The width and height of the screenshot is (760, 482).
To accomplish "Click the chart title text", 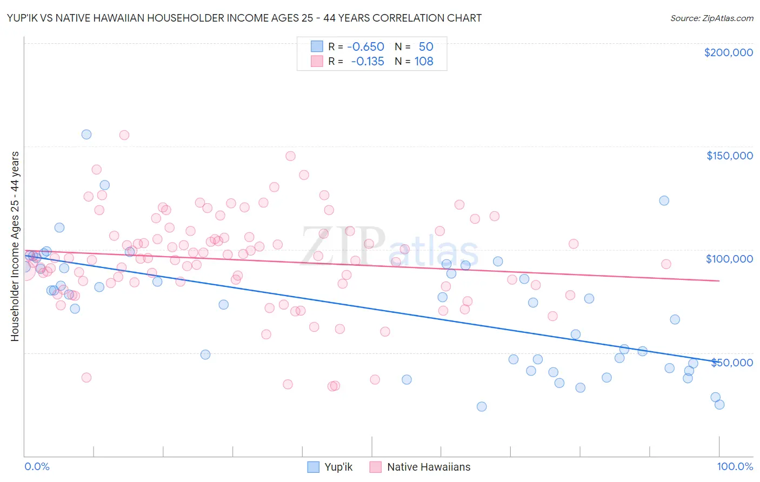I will pyautogui.click(x=244, y=18).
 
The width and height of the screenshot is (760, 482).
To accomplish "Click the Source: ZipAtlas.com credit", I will pyautogui.click(x=711, y=18).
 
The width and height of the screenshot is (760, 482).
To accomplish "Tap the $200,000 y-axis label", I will pyautogui.click(x=728, y=52).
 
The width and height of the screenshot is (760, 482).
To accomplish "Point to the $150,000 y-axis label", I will pyautogui.click(x=729, y=156).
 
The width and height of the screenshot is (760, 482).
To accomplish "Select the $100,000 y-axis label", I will pyautogui.click(x=729, y=259).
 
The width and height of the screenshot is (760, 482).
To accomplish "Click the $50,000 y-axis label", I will pyautogui.click(x=731, y=362).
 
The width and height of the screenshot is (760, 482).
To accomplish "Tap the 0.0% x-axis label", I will pyautogui.click(x=37, y=466).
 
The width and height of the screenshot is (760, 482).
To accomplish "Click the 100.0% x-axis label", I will pyautogui.click(x=735, y=466).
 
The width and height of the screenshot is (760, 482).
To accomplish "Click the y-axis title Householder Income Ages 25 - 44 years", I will pyautogui.click(x=15, y=246).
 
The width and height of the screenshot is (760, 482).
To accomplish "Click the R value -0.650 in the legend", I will pyautogui.click(x=365, y=47).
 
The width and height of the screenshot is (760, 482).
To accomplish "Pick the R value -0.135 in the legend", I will pyautogui.click(x=367, y=62).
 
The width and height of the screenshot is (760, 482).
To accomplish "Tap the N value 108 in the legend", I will pyautogui.click(x=424, y=62).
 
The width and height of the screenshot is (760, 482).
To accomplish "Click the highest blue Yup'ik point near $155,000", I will pyautogui.click(x=86, y=135).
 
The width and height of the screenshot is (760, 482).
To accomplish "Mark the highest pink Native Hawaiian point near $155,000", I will pyautogui.click(x=124, y=135).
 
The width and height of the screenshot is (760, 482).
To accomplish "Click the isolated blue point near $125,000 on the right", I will pyautogui.click(x=664, y=200).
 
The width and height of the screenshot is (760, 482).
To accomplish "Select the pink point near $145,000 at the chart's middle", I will pyautogui.click(x=290, y=156).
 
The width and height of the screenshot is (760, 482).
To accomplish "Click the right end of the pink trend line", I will pyautogui.click(x=719, y=280).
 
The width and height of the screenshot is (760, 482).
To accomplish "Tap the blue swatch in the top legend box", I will pyautogui.click(x=317, y=47).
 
